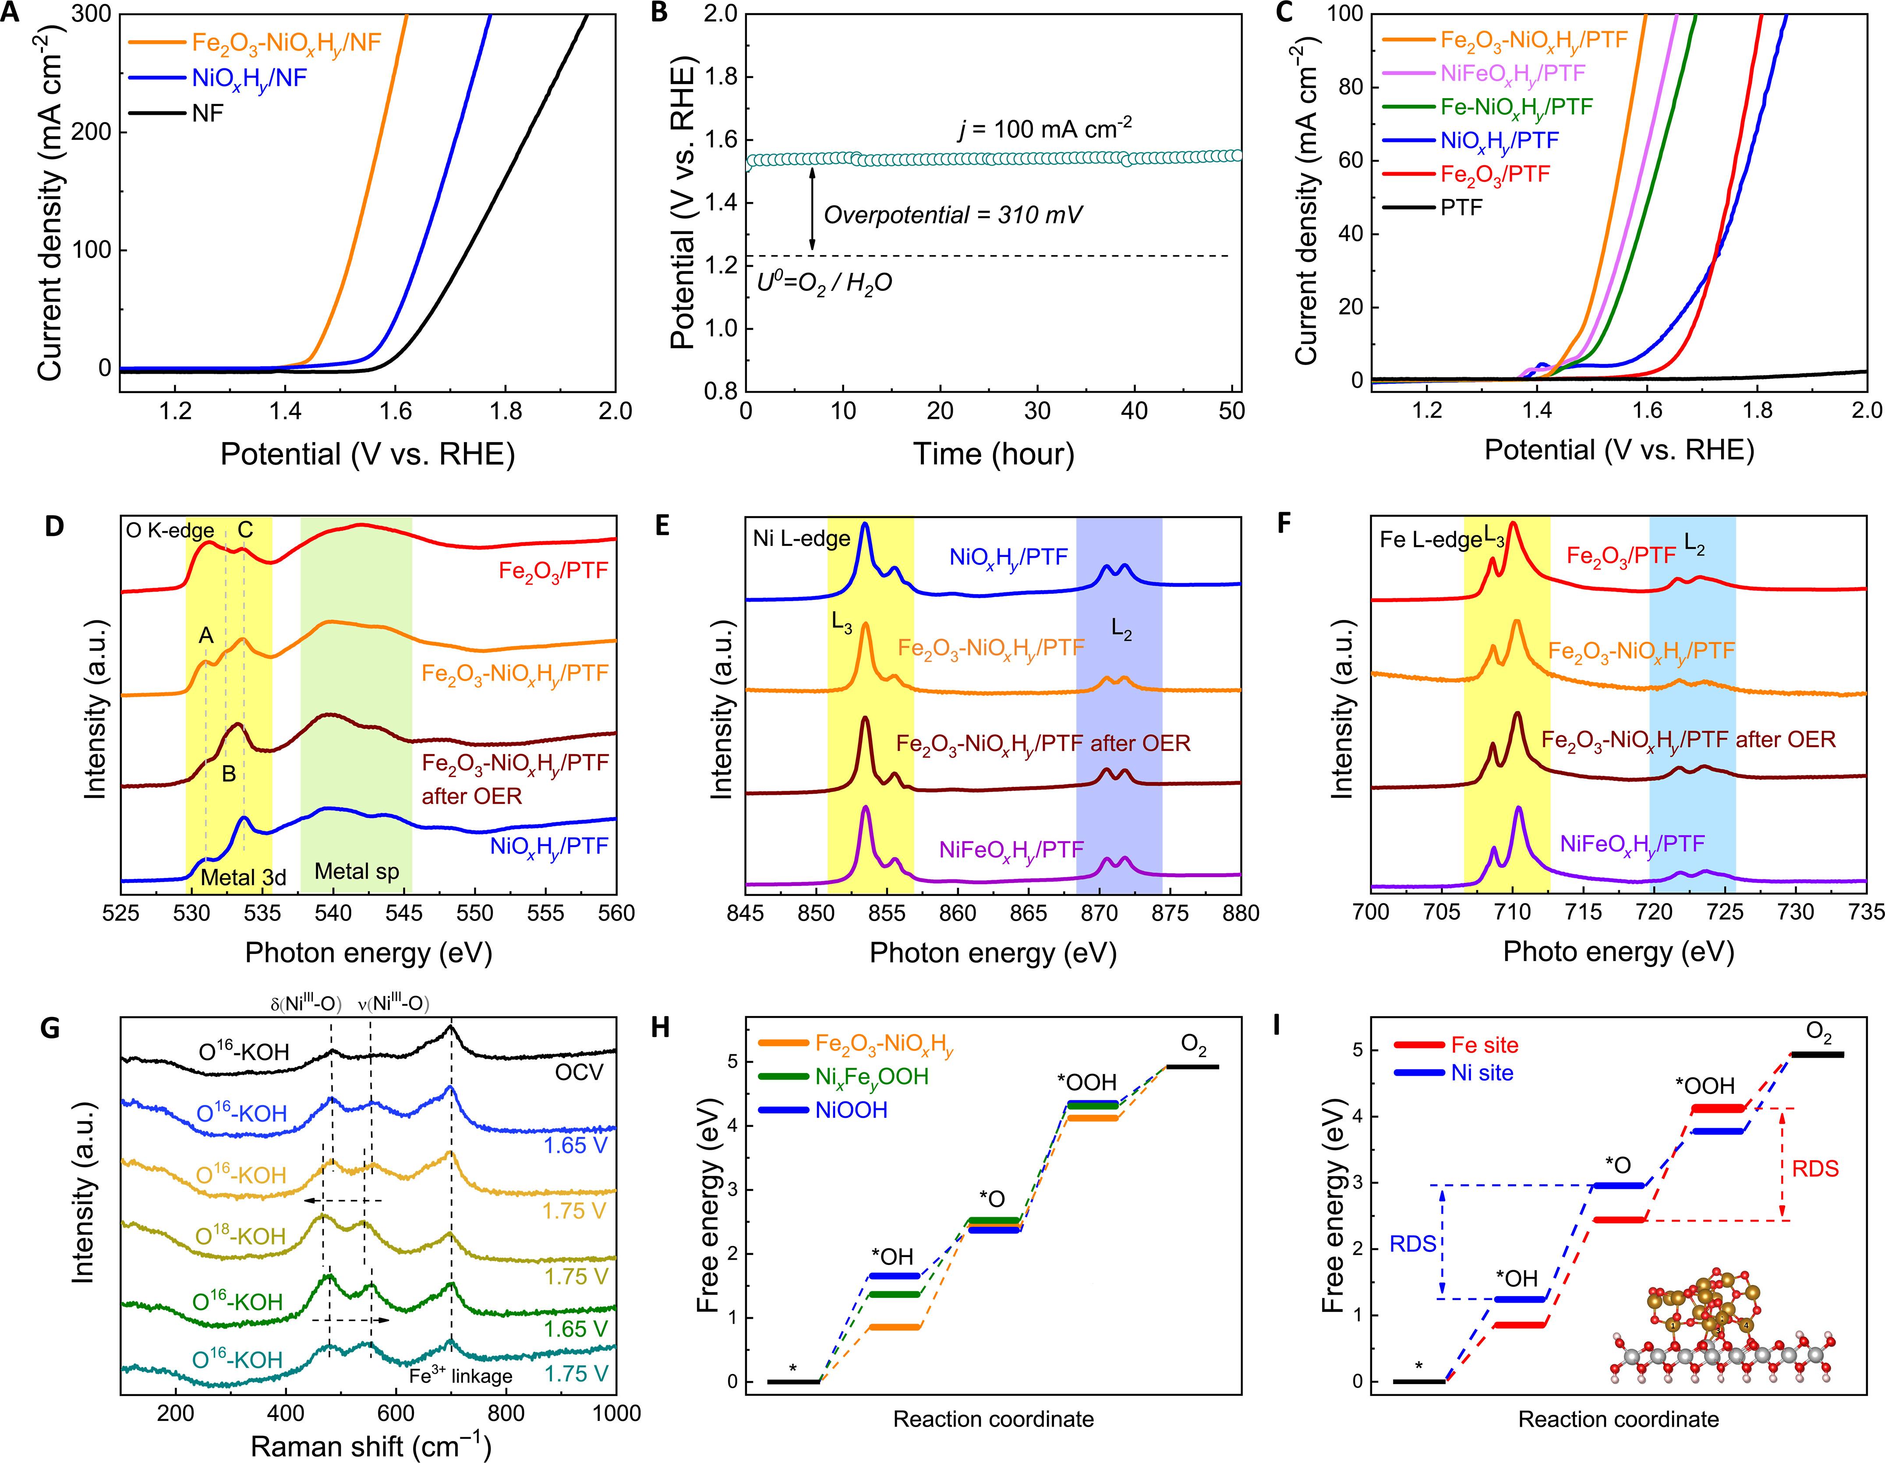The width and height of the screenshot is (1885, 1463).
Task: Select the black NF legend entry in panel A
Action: coord(207,113)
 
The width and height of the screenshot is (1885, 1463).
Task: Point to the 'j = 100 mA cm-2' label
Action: coord(1044,129)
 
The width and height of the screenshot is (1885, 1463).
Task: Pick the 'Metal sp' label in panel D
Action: coord(357,872)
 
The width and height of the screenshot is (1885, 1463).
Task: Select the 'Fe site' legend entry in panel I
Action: coord(1485,1045)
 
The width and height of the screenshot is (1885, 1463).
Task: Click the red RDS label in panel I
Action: coord(1815,1169)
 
